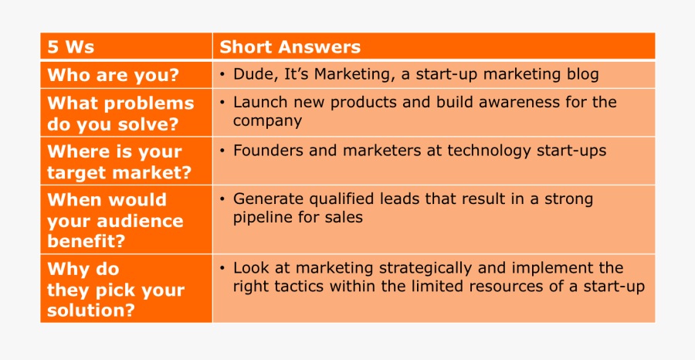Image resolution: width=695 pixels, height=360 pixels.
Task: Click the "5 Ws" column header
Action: (71, 47)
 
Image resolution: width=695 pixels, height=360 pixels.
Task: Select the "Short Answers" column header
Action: (290, 47)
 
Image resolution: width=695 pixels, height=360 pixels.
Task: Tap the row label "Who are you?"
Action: (113, 76)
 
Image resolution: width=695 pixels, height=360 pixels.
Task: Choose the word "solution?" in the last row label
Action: (91, 311)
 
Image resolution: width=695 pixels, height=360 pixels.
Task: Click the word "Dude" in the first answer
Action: (249, 74)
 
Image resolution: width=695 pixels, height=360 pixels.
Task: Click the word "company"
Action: (268, 121)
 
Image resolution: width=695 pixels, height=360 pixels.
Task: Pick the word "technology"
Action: (489, 151)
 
